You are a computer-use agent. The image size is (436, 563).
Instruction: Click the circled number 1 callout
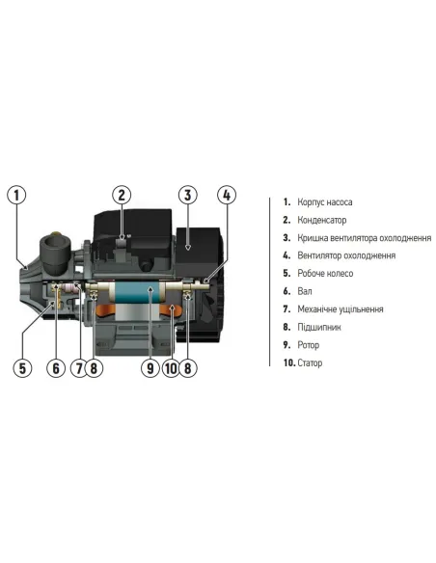coord(16,196)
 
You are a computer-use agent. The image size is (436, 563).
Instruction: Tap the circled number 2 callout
coord(122,195)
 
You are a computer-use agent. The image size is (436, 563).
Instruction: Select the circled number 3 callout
coord(188,195)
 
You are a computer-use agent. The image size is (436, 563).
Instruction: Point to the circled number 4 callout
coord(227,195)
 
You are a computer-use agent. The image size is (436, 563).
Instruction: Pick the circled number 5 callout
coord(22,368)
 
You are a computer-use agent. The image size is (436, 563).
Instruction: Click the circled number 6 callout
coord(56,368)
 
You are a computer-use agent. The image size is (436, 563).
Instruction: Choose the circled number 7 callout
coord(78,368)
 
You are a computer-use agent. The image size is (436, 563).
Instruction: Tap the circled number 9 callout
coord(150,368)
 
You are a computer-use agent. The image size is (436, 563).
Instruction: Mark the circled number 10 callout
coord(171,368)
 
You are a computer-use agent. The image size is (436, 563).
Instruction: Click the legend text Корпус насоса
coord(325,202)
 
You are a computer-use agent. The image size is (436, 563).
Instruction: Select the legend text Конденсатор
coord(322,220)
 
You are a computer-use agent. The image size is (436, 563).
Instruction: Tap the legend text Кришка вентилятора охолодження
coord(365,238)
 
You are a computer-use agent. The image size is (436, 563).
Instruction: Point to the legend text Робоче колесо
coord(325,273)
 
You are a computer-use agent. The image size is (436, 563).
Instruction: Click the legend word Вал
coord(305,291)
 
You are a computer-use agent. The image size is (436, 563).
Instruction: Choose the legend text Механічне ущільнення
coord(341,308)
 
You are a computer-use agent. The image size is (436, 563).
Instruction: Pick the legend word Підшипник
coord(319,327)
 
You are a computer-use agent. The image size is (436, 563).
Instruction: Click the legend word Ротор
coord(308,345)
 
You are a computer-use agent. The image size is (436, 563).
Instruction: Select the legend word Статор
coord(310,362)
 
